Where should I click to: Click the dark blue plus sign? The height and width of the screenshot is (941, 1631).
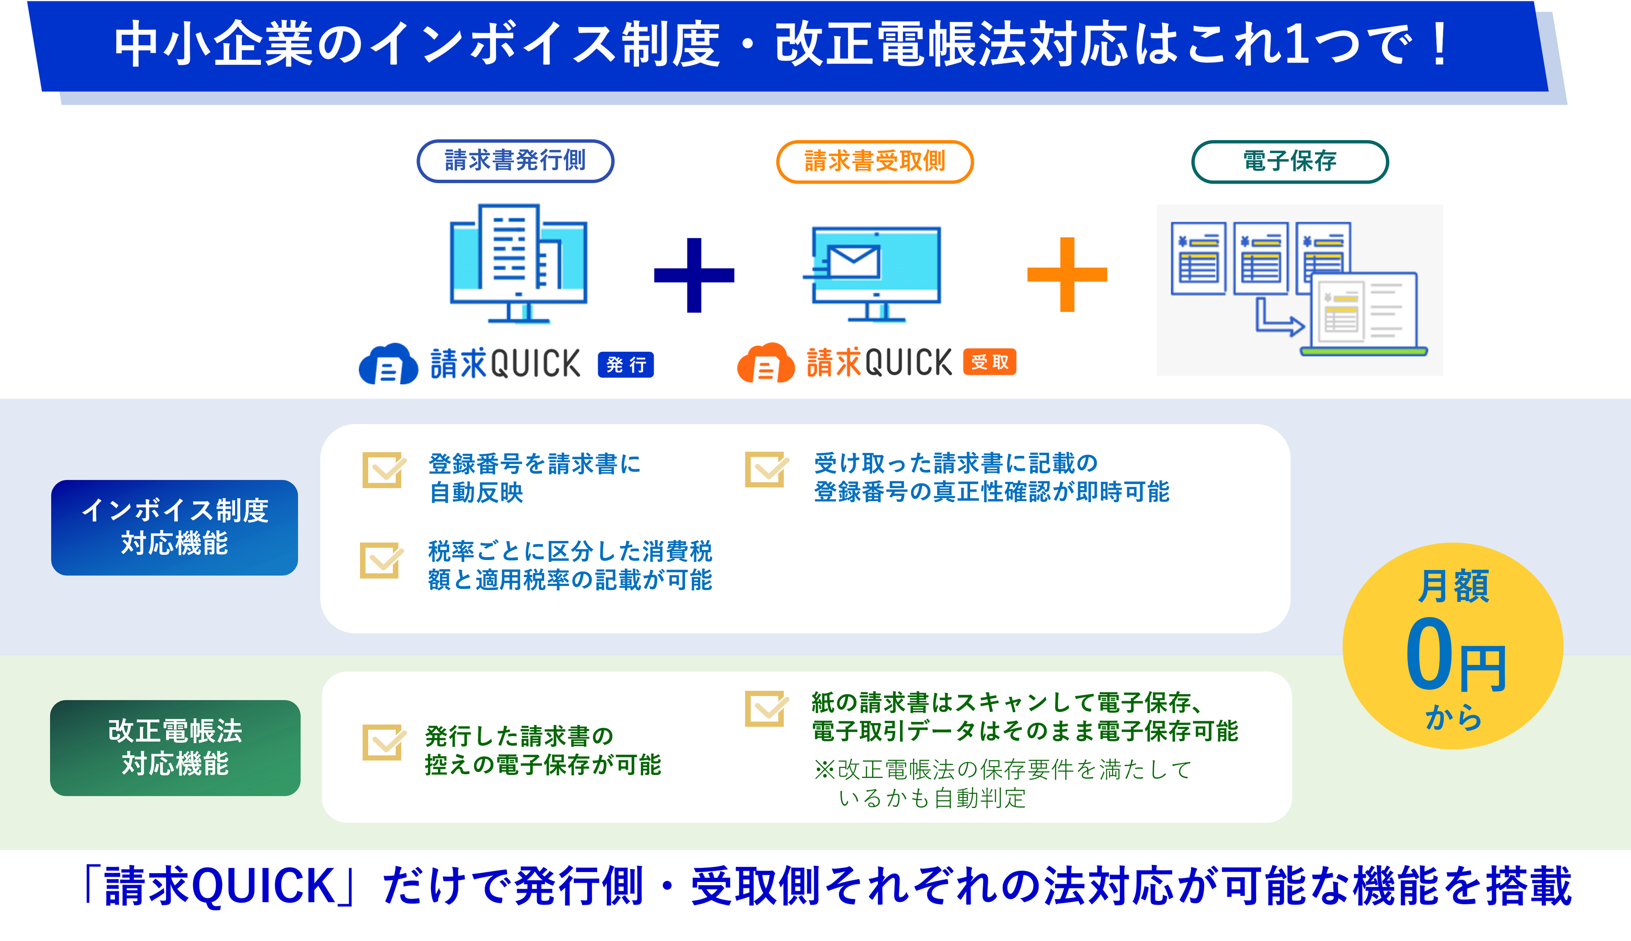[x=694, y=275]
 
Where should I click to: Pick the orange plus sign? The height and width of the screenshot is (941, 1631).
[x=1068, y=275]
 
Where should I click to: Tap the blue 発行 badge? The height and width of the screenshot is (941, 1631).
[x=626, y=365]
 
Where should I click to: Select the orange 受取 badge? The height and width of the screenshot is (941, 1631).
[x=989, y=362]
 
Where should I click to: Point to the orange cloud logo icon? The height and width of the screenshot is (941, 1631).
[x=766, y=363]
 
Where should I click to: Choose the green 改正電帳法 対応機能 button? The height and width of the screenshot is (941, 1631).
[x=175, y=748]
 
